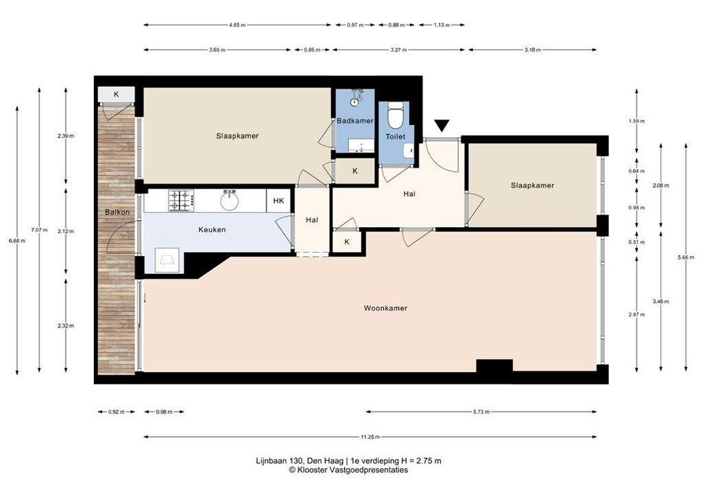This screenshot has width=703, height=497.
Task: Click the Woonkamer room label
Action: (385, 309)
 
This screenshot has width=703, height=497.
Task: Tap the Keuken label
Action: (212, 230)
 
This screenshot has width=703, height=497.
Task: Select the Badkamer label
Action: (355, 121)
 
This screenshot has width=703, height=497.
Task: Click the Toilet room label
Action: (396, 137)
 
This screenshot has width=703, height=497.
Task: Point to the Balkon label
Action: (117, 212)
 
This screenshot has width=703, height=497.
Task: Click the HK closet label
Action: (278, 201)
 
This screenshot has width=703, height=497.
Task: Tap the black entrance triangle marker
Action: (442, 126)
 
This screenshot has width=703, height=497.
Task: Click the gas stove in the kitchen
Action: (181, 201)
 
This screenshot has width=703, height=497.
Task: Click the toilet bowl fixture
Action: (395, 116)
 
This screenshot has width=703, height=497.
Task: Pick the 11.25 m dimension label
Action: (370, 437)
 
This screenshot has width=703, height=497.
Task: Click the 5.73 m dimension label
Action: (481, 412)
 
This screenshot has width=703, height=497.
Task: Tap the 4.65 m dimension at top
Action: (237, 25)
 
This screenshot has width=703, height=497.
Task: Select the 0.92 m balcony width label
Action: (116, 412)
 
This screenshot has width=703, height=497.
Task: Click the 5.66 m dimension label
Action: (686, 257)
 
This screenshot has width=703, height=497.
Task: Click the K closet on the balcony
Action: (116, 95)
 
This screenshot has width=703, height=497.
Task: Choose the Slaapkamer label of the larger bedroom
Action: (237, 136)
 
